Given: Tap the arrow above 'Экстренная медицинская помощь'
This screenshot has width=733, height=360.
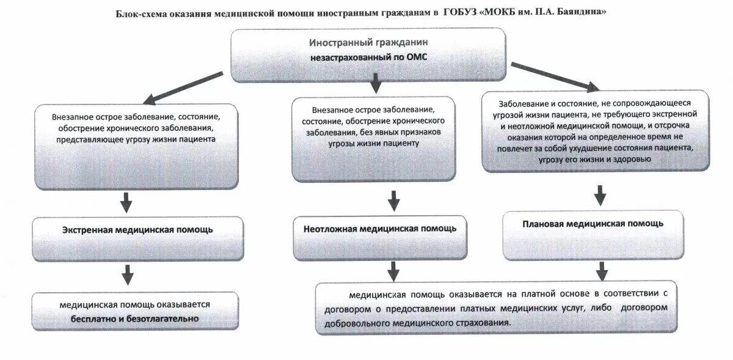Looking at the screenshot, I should coord(126,201).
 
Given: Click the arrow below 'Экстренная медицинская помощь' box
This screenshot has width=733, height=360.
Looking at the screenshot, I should coord(127,274).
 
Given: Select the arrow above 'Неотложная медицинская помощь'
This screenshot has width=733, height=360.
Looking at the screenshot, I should coord(393,200).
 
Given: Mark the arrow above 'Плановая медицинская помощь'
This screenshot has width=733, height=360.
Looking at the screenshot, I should coord(600,195).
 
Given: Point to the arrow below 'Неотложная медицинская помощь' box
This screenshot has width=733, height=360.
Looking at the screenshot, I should coord(393,270).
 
